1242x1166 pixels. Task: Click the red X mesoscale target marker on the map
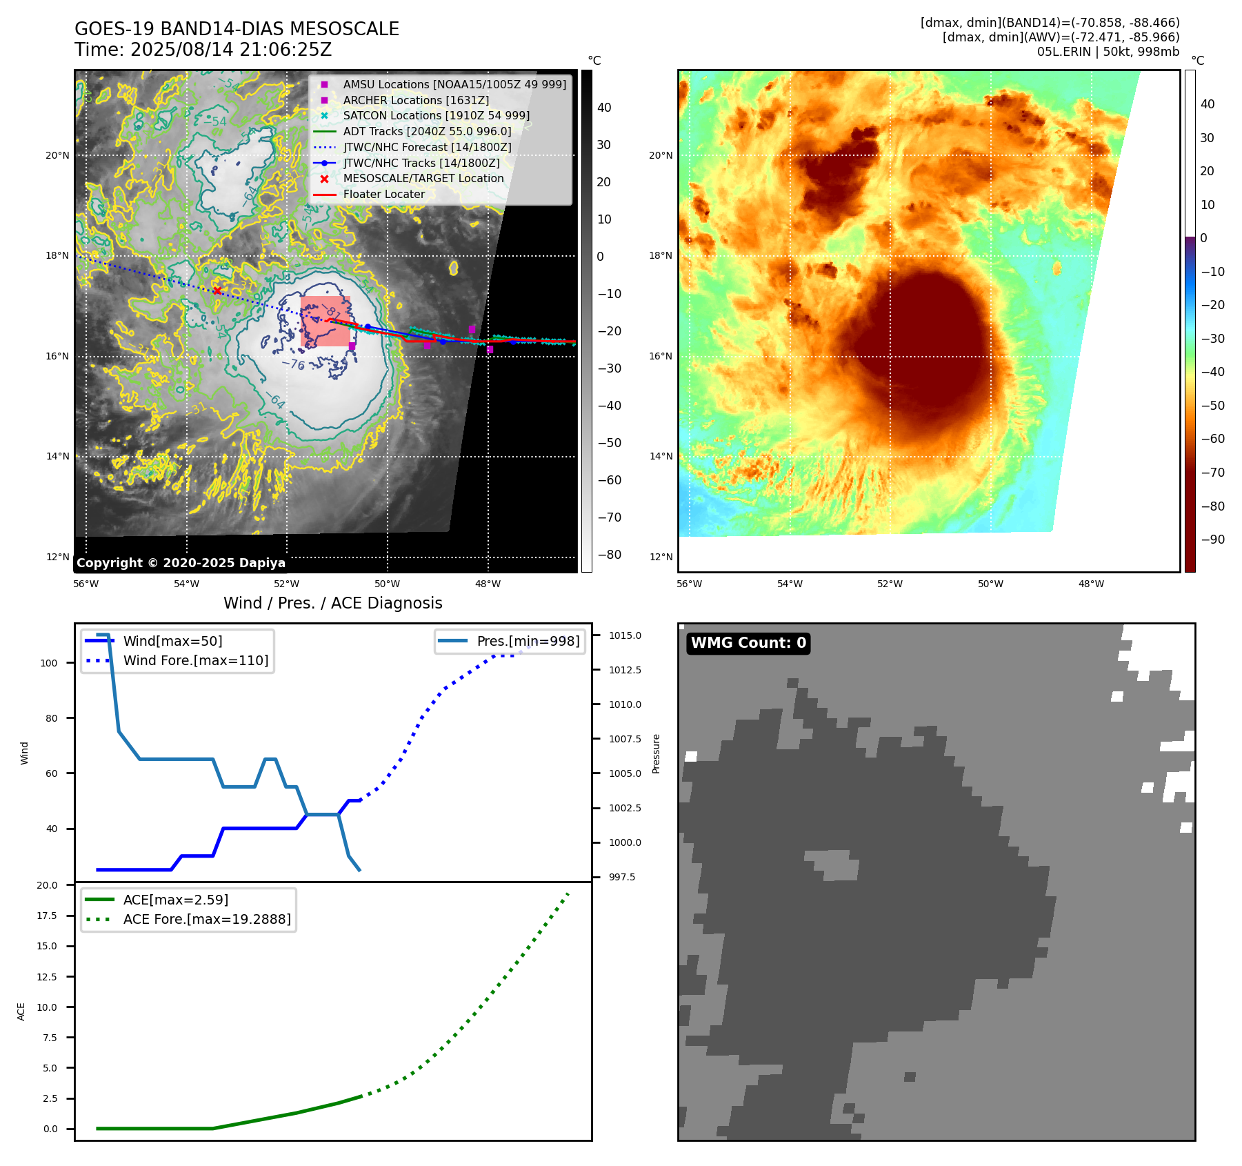coord(217,290)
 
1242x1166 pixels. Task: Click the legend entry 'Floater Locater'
coord(383,195)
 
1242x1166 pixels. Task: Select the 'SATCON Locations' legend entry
coord(436,116)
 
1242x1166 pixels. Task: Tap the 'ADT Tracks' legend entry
coord(427,132)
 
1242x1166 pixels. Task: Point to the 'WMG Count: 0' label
coord(748,643)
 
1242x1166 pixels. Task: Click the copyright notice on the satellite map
coord(181,563)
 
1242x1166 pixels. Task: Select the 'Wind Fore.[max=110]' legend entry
coord(195,660)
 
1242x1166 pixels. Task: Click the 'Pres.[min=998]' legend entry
coord(528,641)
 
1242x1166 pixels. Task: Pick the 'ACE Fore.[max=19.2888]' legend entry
coord(206,919)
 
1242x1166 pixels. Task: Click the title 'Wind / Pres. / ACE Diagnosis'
coord(332,603)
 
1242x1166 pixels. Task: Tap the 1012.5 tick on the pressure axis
coord(625,670)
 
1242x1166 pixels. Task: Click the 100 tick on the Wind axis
coord(49,663)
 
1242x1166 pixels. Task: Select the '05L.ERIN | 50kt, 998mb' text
coord(1108,52)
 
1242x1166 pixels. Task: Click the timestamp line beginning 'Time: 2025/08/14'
coord(203,50)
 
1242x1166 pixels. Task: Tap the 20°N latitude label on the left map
coord(57,155)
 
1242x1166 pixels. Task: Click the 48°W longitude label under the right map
coord(1091,584)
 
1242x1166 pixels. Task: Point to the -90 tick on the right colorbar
coord(1212,540)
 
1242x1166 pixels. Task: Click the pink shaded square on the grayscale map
coord(325,321)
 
